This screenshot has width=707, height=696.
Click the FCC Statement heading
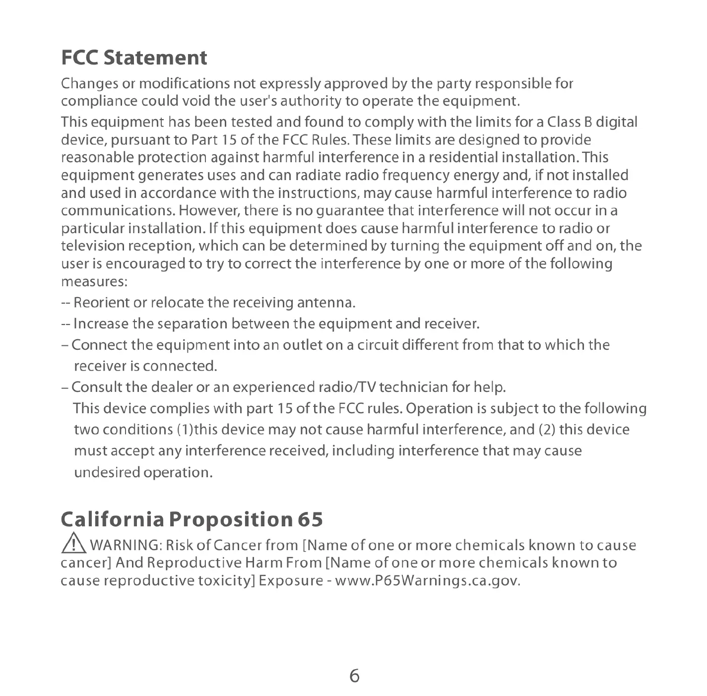(134, 58)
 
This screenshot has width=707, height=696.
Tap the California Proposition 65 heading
(192, 519)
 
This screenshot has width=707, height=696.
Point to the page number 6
(354, 676)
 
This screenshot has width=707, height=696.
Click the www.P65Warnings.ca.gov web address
(428, 580)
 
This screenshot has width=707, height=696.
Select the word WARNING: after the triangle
(126, 545)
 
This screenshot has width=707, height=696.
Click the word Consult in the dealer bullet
(97, 387)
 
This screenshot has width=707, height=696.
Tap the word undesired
(107, 472)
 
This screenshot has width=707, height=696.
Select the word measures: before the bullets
(94, 282)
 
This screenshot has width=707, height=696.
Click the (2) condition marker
(547, 430)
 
